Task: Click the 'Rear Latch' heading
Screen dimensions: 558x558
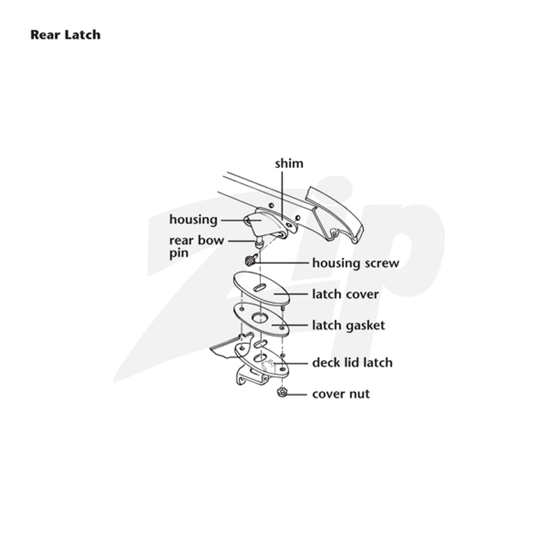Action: (66, 35)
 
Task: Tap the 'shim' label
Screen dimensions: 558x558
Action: (289, 163)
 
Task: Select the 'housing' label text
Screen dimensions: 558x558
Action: (193, 220)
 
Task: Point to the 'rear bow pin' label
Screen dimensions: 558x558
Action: (197, 246)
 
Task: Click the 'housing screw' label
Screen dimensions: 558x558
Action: (356, 263)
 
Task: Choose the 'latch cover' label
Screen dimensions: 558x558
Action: (345, 294)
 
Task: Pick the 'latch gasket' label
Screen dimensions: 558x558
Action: (348, 325)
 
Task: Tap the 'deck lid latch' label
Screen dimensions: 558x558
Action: (352, 363)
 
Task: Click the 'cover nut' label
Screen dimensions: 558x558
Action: (341, 394)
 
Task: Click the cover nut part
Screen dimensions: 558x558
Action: (282, 393)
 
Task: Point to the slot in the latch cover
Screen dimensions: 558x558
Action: (259, 287)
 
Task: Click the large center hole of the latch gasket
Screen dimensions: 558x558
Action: (259, 317)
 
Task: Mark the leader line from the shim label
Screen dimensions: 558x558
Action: (282, 196)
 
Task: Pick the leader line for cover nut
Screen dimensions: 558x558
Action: (297, 394)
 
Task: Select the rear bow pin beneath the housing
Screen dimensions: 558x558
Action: (259, 243)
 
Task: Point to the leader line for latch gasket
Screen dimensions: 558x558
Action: (289, 325)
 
